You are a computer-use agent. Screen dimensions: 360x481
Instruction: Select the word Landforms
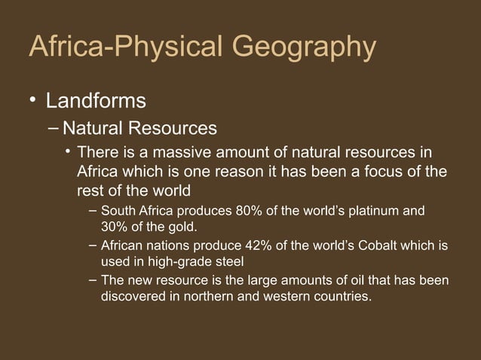click(x=96, y=99)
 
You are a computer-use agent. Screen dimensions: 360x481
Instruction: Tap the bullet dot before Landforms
click(x=32, y=99)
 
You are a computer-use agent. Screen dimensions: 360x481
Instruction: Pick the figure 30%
click(x=115, y=226)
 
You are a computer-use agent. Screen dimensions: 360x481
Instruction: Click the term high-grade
click(x=183, y=262)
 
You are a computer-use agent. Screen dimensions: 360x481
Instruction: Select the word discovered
click(x=131, y=297)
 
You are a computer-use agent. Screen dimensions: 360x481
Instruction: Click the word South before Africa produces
click(x=118, y=209)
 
